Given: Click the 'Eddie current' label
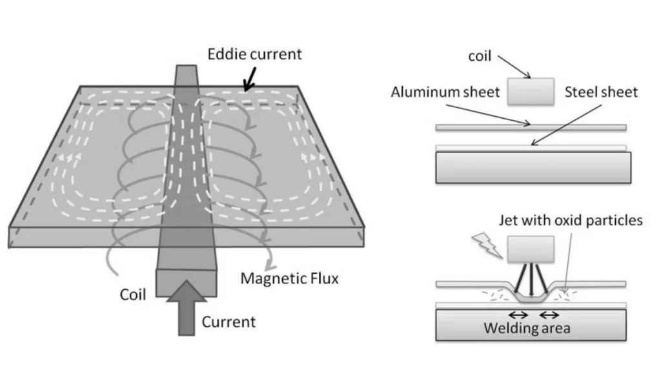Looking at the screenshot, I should click(x=254, y=54).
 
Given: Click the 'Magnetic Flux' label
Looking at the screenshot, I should click(x=289, y=278).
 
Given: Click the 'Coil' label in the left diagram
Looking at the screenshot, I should click(x=133, y=294).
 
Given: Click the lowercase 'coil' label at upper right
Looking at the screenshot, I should click(x=480, y=56).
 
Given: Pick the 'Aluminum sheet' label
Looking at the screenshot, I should click(x=445, y=92).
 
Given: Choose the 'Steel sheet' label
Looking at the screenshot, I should click(x=601, y=92).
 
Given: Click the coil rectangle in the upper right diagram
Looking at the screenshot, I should click(x=531, y=91).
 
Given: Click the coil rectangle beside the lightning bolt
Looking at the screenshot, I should click(x=531, y=249).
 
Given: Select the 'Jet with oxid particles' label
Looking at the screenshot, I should click(x=571, y=220).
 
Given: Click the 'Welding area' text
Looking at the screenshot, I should click(x=527, y=328).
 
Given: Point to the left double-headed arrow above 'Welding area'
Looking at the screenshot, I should click(x=518, y=315).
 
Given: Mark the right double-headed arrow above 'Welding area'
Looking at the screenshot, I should click(x=549, y=315).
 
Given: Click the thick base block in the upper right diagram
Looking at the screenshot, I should click(x=533, y=168).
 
